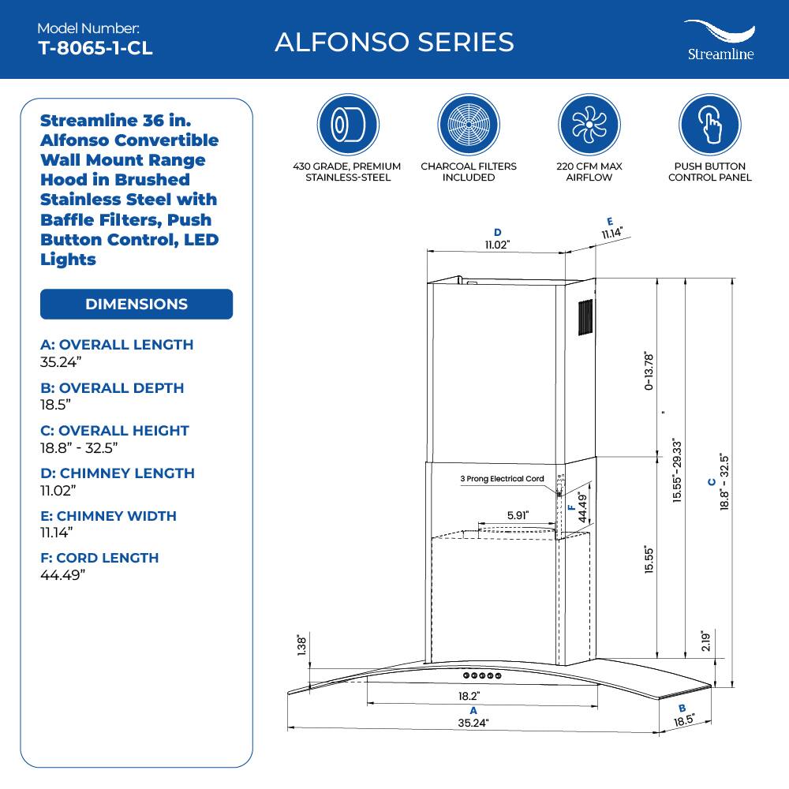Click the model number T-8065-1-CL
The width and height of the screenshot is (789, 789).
(95, 48)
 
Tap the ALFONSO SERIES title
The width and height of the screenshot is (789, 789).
(394, 42)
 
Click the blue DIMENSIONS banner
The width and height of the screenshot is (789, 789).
(136, 304)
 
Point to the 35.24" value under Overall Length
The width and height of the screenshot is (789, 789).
(61, 362)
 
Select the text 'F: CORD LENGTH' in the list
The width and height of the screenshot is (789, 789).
(99, 557)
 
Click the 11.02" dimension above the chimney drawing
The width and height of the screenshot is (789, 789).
(497, 245)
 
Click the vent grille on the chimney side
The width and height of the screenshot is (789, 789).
(588, 320)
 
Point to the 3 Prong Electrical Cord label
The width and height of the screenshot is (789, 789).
(503, 479)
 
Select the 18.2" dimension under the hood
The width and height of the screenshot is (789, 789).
(469, 696)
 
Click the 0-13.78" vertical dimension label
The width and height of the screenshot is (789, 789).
(649, 371)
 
